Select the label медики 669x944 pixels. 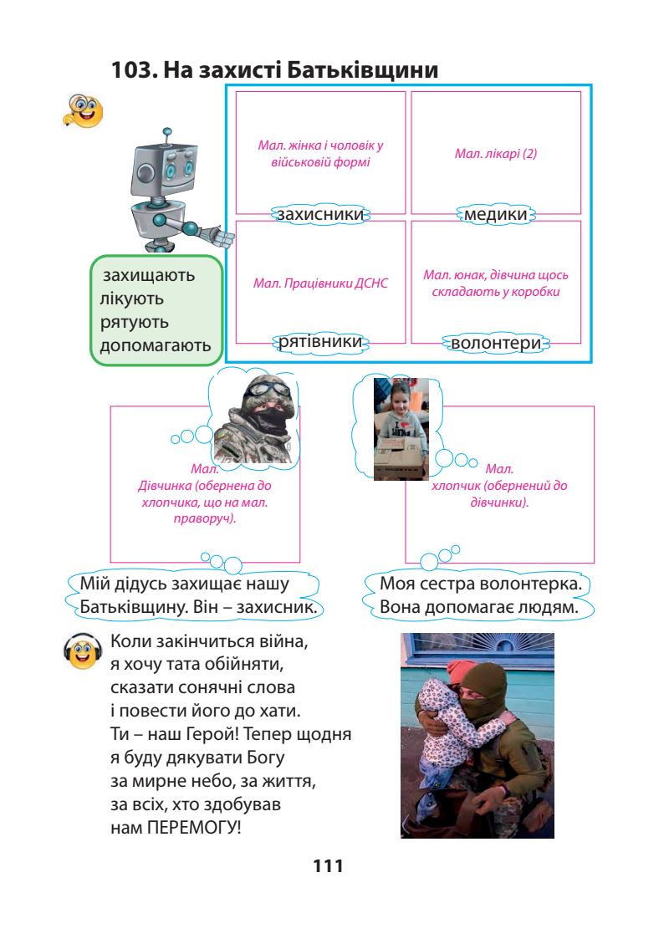point(496,215)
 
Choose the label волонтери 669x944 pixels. point(496,344)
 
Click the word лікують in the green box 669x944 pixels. point(132,299)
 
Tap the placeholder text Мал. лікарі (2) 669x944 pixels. point(496,155)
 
